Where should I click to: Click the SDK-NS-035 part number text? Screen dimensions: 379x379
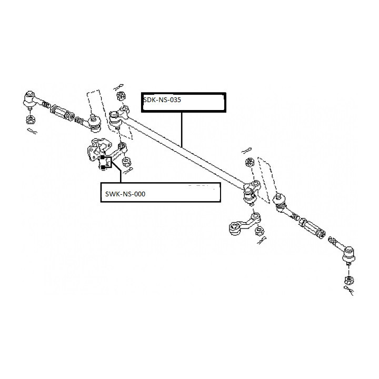click(x=162, y=100)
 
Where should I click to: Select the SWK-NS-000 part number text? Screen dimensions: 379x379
click(x=125, y=194)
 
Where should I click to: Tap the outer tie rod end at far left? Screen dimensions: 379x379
click(x=29, y=100)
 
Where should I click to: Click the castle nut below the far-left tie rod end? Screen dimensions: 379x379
click(x=30, y=119)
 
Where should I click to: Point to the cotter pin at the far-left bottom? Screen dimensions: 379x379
click(x=32, y=131)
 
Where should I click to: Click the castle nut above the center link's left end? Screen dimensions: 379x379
click(x=121, y=96)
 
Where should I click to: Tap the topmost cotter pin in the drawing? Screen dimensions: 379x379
click(x=118, y=87)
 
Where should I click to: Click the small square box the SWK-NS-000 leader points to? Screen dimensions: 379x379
click(x=106, y=162)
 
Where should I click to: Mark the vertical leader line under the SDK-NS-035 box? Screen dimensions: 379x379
click(x=182, y=130)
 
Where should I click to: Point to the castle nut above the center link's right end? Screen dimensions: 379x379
click(x=249, y=162)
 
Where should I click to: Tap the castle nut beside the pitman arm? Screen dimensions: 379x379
click(x=259, y=231)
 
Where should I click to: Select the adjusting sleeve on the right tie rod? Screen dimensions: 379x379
click(x=312, y=228)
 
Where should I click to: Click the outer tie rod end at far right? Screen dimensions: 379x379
click(x=349, y=255)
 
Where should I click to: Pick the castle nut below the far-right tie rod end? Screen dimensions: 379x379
click(x=348, y=280)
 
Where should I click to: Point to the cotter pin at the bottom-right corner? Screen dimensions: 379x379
click(x=349, y=290)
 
